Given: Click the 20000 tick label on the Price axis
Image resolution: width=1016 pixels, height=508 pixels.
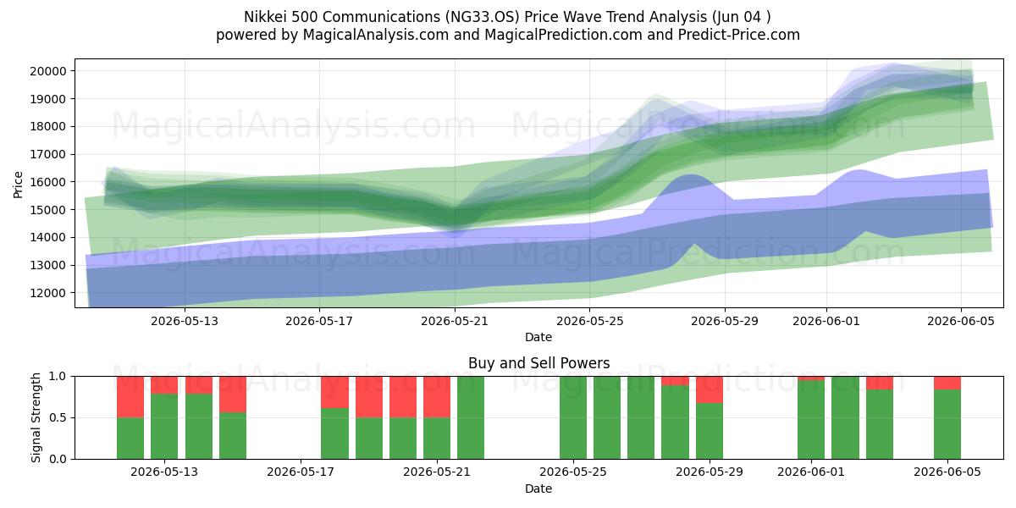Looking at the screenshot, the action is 48,71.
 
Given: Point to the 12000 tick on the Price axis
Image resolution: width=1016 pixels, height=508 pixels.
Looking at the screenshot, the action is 48,293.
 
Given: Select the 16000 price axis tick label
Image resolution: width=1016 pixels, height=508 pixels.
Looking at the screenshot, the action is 48,182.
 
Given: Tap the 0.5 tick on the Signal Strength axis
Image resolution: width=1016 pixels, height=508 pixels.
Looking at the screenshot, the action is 58,417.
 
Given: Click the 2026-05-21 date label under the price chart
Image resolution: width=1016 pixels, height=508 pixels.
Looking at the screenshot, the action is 455,321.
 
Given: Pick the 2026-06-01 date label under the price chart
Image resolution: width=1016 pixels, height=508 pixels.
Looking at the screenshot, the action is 826,321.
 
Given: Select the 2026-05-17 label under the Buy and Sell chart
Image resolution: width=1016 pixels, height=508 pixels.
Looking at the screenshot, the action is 301,472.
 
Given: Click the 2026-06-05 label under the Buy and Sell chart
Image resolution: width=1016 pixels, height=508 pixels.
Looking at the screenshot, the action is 947,472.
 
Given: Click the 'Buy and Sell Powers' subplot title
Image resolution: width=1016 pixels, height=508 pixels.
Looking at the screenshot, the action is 538,363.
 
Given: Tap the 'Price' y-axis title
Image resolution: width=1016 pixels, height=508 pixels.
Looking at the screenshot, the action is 18,185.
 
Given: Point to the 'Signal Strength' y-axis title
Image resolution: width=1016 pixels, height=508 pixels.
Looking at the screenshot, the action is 36,417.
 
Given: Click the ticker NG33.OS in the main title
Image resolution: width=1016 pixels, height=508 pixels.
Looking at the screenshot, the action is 482,17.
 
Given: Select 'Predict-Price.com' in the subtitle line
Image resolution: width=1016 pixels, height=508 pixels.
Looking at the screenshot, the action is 739,35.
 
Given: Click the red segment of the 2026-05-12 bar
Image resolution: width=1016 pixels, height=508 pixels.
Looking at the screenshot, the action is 130,397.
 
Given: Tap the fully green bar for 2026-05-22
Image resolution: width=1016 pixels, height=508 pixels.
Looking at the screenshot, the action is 471,417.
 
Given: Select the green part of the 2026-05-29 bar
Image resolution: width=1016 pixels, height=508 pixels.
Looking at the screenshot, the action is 710,431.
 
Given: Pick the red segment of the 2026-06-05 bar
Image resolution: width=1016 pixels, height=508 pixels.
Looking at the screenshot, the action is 947,383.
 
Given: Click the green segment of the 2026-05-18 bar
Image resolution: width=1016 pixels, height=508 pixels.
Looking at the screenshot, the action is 334,433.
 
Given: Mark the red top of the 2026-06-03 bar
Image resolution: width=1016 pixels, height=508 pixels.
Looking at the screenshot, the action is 880,383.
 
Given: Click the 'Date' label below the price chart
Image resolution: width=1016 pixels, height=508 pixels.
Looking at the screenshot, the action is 538,338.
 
